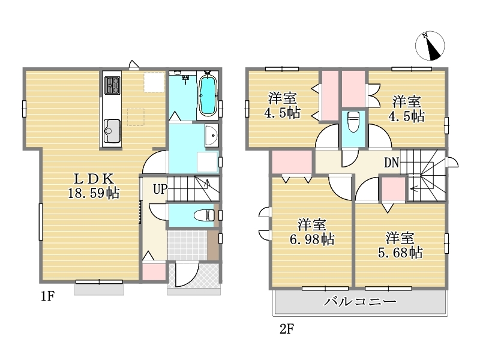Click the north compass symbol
click(430, 46)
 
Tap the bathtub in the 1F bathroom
click(208, 95)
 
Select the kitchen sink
click(112, 131)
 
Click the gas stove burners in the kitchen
click(112, 85)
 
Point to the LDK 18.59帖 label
click(94, 186)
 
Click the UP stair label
click(160, 189)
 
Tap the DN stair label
click(392, 163)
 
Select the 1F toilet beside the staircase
click(204, 215)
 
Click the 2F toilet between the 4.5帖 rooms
click(353, 122)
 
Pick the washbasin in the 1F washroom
click(211, 136)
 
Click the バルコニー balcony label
click(361, 302)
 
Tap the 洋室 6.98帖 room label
click(312, 232)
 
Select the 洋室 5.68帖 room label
click(400, 245)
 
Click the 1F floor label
click(48, 296)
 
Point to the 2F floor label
click(287, 329)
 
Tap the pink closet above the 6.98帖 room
click(292, 162)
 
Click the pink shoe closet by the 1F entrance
click(154, 271)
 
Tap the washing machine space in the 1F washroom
click(207, 161)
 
